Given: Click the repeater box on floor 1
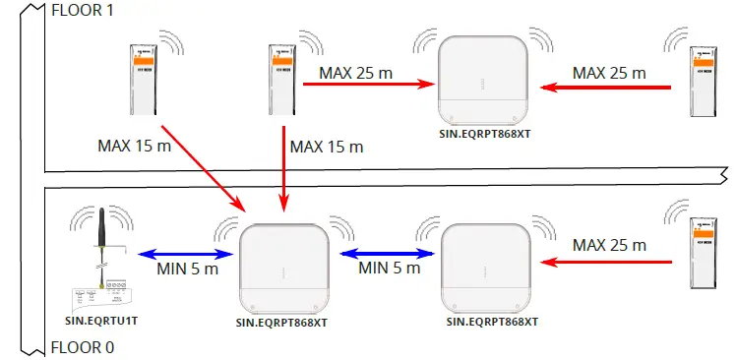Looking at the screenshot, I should (x=478, y=77).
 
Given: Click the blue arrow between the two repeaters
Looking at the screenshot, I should (x=389, y=253).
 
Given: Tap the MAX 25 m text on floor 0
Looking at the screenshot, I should (x=609, y=244).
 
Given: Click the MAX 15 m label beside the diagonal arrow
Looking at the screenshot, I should (x=133, y=146).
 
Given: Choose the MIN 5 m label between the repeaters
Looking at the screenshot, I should (x=389, y=269).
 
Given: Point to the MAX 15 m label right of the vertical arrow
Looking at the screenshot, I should (x=328, y=147).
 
